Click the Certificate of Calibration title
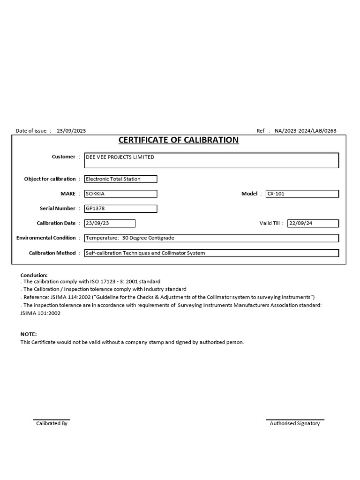pyautogui.click(x=178, y=140)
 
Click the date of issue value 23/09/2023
pyautogui.click(x=71, y=131)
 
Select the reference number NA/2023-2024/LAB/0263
pyautogui.click(x=305, y=131)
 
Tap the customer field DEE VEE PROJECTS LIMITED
pyautogui.click(x=211, y=160)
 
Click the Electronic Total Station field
pyautogui.click(x=120, y=179)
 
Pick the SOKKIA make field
pyautogui.click(x=120, y=194)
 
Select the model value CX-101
pyautogui.click(x=302, y=194)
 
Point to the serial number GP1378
pyautogui.click(x=120, y=209)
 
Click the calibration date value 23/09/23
pyautogui.click(x=109, y=223)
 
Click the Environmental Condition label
pyautogui.click(x=46, y=238)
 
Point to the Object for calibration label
pyautogui.click(x=50, y=179)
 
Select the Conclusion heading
pyautogui.click(x=34, y=275)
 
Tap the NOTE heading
pyautogui.click(x=28, y=334)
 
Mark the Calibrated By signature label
pyautogui.click(x=52, y=423)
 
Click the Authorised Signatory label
pyautogui.click(x=295, y=423)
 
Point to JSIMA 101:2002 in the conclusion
pyautogui.click(x=40, y=313)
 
